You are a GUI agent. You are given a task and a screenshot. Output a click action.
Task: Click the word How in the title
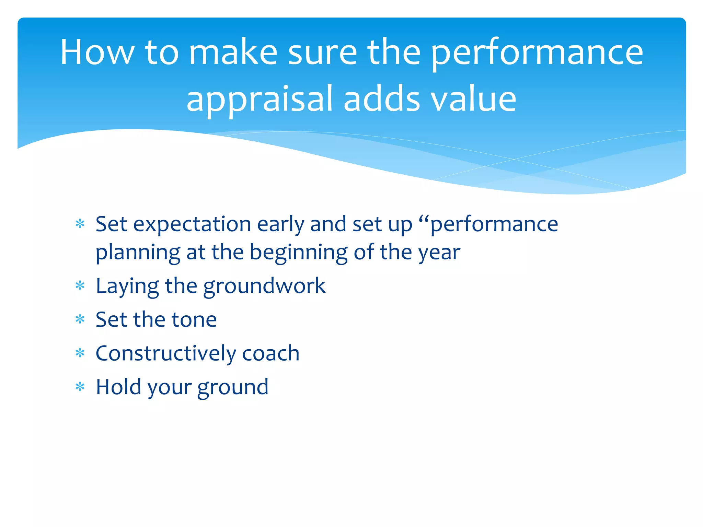(97, 52)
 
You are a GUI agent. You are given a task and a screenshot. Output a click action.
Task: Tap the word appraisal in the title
(260, 99)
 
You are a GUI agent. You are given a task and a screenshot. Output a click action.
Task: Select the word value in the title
(473, 99)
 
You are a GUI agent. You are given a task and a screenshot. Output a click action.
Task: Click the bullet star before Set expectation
(80, 224)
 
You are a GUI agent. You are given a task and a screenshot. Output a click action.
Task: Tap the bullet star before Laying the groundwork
(80, 286)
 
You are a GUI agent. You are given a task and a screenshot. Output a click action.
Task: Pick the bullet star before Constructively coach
(80, 353)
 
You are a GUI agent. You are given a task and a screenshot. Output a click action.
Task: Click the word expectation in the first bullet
(192, 225)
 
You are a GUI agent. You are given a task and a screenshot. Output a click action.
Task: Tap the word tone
(194, 320)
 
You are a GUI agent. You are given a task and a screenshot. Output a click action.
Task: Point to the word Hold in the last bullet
(119, 387)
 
